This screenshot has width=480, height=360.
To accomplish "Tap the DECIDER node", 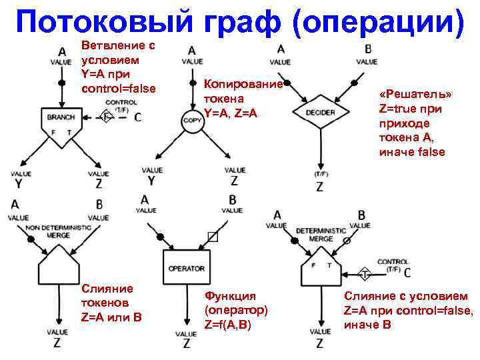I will [x=321, y=113].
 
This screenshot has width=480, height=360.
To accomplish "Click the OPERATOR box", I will [x=187, y=268].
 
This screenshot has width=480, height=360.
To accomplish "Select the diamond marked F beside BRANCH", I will [x=105, y=117].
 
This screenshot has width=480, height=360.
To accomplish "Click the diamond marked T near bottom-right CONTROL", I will [x=365, y=274].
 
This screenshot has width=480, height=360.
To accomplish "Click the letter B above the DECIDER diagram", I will [x=368, y=49].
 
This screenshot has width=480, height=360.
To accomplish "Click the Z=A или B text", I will [x=109, y=315].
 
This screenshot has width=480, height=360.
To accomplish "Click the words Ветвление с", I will [x=118, y=45].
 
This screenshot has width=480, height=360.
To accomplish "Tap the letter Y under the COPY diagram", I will [x=151, y=181].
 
